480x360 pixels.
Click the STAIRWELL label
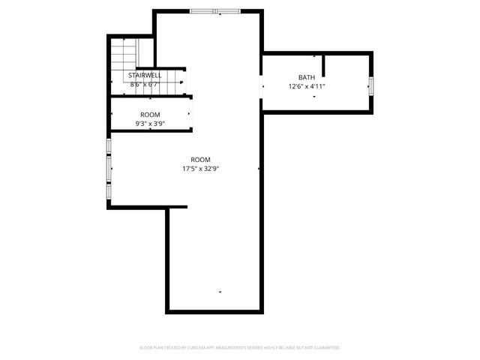(x=145, y=76)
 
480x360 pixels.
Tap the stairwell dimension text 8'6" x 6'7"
(x=145, y=84)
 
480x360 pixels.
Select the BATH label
(x=307, y=77)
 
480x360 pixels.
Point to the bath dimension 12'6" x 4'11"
(x=307, y=86)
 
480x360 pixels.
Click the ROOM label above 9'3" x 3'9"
(x=150, y=115)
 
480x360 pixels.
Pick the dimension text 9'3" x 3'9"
(x=150, y=123)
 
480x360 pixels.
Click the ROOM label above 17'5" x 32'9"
(x=200, y=160)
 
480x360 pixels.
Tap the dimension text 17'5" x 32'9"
(x=200, y=169)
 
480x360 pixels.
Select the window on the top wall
(x=215, y=11)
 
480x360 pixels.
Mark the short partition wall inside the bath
(x=324, y=66)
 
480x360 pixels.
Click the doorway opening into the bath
(x=262, y=86)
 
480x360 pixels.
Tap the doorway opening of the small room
(x=190, y=114)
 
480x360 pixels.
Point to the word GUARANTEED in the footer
(x=325, y=348)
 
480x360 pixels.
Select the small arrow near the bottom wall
(x=220, y=291)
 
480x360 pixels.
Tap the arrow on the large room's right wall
(x=259, y=169)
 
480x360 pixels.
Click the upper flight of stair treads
(x=124, y=54)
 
